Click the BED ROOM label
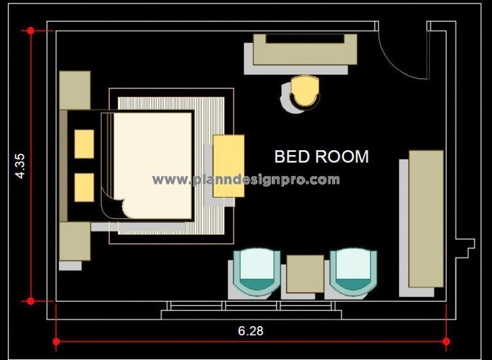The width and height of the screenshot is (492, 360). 321,156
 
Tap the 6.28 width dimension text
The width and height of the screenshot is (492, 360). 250,330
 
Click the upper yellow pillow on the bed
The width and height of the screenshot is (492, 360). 84,143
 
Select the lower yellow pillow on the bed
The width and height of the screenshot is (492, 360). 84,187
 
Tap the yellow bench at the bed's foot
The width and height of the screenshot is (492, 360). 228,166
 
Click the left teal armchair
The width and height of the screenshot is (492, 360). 259,271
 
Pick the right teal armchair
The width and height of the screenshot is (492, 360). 351,271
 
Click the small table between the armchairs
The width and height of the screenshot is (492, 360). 305,273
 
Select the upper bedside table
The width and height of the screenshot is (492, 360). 75,90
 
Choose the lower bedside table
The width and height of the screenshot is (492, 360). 75,241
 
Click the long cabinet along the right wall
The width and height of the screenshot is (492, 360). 426,218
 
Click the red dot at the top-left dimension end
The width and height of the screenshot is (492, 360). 30,30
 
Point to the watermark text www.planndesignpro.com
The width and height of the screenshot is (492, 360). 246,180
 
